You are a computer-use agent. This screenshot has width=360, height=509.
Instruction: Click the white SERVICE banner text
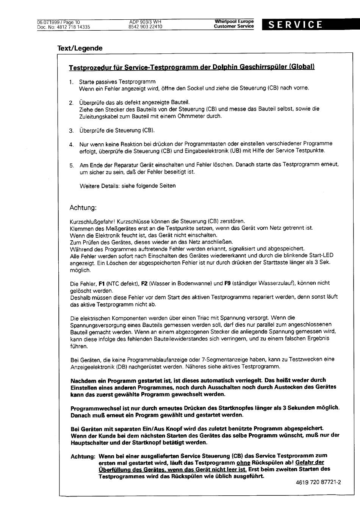tap(295, 25)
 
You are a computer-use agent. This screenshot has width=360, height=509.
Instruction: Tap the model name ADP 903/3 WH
tap(145, 22)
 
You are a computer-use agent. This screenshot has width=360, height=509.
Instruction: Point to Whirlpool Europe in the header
tap(234, 22)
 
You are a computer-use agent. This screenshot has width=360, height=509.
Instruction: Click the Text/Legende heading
tap(80, 48)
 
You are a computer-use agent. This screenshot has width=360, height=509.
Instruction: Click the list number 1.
tap(71, 82)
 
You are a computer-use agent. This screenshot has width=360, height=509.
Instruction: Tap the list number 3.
tap(71, 131)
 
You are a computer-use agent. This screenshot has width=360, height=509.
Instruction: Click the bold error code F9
tap(227, 283)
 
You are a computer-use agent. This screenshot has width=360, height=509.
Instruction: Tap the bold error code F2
tap(144, 283)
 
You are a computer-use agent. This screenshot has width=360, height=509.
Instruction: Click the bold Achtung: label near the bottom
tap(83, 456)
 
